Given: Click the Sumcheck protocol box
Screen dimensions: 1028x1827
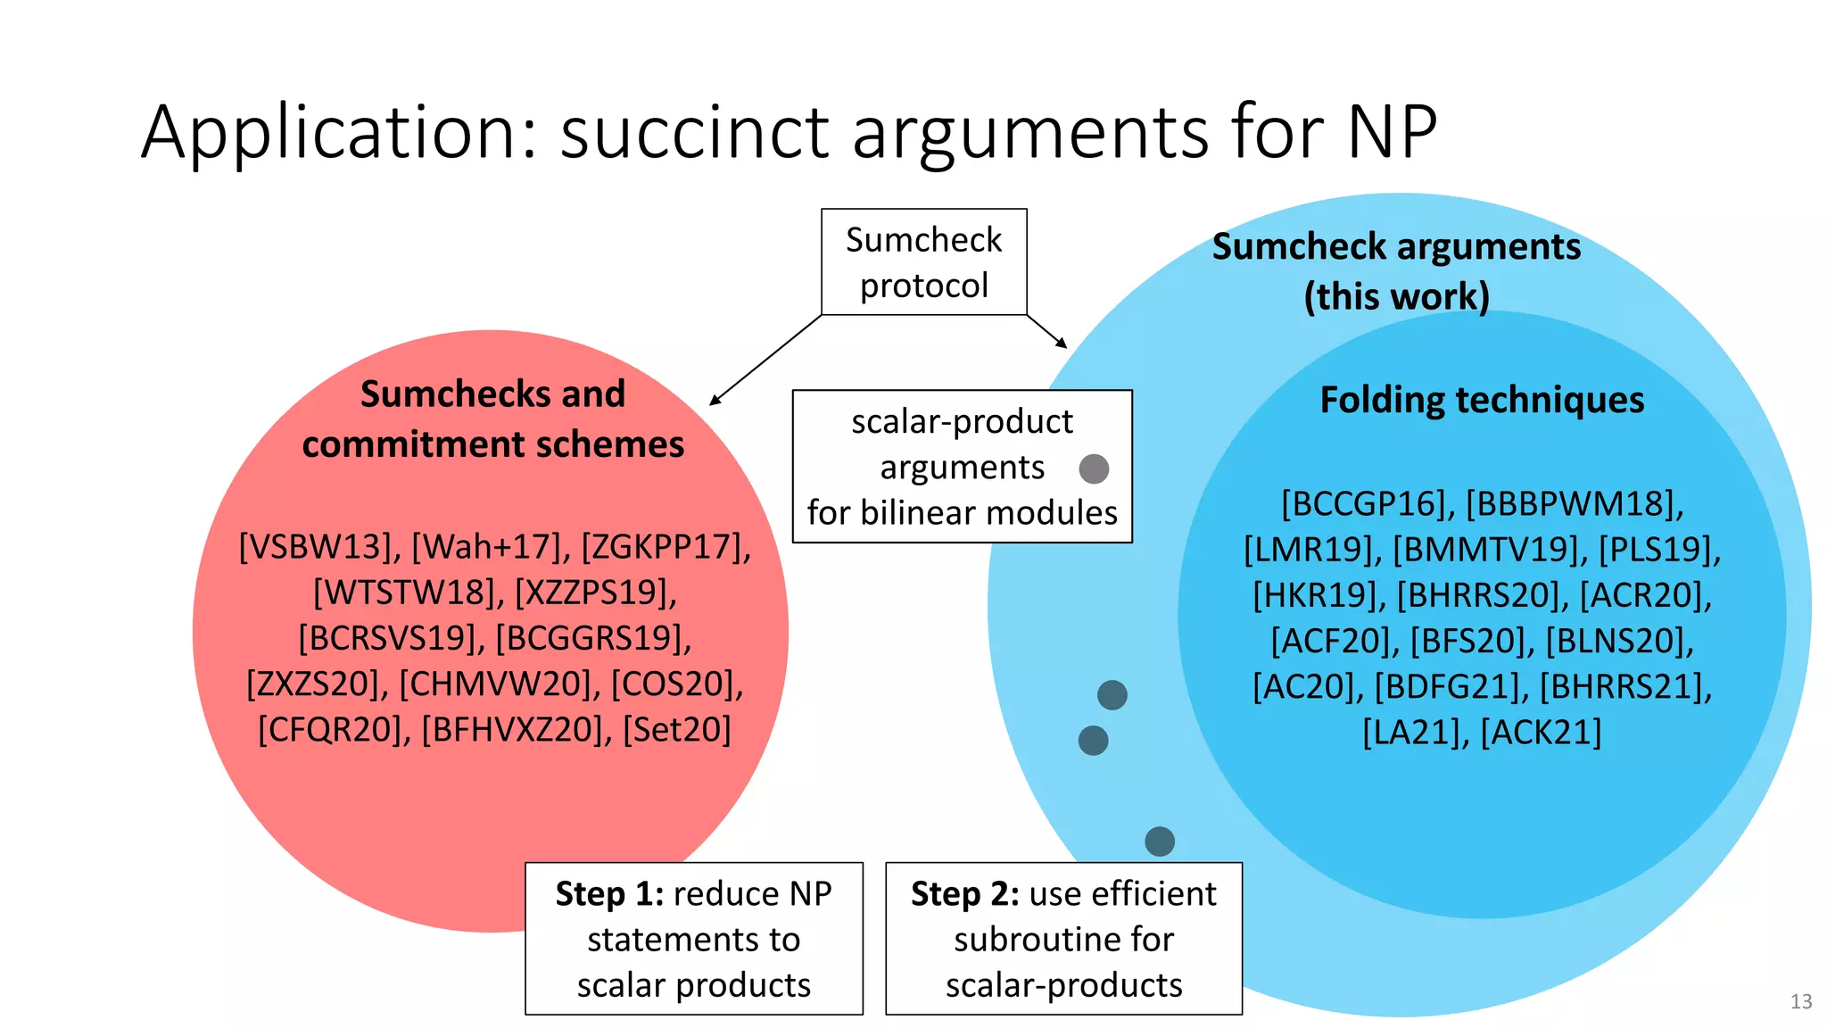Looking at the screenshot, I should [x=923, y=261].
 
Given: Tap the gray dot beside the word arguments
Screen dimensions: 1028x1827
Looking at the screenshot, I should [x=1094, y=468].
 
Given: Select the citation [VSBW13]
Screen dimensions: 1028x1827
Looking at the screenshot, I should [x=319, y=547].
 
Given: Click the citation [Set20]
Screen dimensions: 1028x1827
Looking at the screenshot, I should [x=677, y=730].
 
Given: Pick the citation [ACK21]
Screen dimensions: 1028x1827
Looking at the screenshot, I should [x=1541, y=733].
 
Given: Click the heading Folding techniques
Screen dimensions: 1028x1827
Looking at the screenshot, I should [x=1482, y=400].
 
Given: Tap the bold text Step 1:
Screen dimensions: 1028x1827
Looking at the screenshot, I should [x=609, y=894].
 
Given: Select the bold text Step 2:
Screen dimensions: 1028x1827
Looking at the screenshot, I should [x=964, y=894].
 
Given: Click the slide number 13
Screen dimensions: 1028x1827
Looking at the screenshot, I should [x=1800, y=1001].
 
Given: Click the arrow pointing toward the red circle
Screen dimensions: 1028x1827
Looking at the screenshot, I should [x=765, y=361].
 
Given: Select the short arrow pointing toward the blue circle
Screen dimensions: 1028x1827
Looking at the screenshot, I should [x=1047, y=331].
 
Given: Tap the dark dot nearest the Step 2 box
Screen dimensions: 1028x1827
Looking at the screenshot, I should [x=1159, y=841].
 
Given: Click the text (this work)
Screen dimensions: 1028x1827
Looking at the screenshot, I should [x=1396, y=296].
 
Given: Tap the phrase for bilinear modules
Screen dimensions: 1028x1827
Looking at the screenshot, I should [x=962, y=513].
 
